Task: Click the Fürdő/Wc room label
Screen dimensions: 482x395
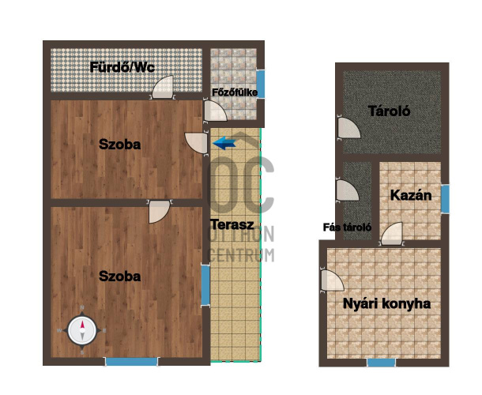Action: click(122, 67)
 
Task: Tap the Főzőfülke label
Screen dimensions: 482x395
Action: click(235, 92)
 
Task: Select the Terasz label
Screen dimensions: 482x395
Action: click(232, 224)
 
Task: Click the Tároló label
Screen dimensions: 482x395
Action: click(390, 111)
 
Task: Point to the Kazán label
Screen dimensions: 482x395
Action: click(411, 195)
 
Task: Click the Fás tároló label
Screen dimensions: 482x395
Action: click(347, 228)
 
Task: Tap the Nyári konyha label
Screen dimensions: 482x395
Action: click(386, 303)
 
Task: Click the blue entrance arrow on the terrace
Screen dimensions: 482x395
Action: click(224, 143)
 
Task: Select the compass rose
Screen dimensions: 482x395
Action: click(82, 330)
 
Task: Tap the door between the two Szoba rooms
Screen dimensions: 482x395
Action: click(160, 212)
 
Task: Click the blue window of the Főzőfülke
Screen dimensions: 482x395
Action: click(261, 84)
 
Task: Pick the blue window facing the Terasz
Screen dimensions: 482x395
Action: click(205, 285)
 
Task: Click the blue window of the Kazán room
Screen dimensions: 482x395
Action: click(445, 198)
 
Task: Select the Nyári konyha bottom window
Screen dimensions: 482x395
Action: click(382, 363)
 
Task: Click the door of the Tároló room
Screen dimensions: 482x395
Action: click(348, 128)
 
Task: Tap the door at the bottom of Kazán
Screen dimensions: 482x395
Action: click(392, 234)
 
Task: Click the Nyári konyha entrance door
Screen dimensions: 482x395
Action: click(332, 281)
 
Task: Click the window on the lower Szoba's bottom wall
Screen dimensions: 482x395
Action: click(132, 362)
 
